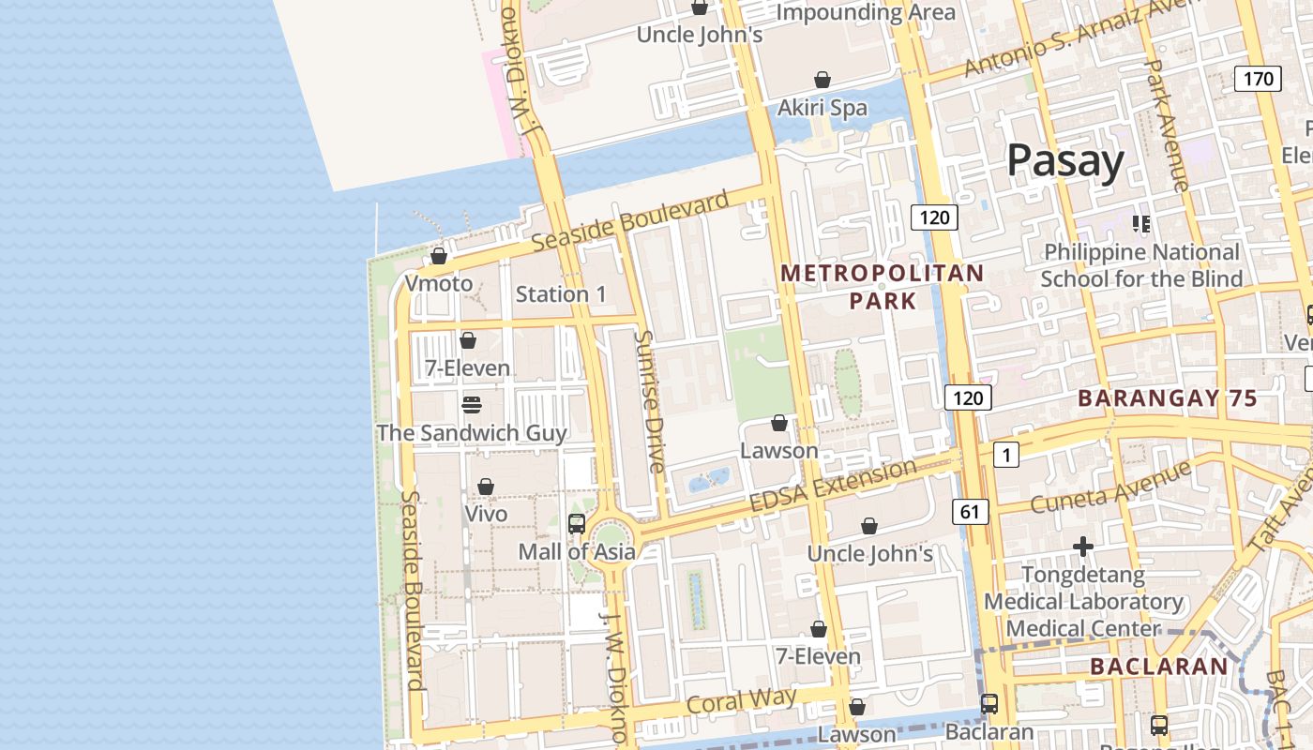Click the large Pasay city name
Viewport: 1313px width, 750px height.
point(1065,161)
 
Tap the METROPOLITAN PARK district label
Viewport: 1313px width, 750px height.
point(883,287)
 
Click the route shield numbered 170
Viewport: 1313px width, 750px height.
point(1258,79)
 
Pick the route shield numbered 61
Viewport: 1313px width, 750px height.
point(970,511)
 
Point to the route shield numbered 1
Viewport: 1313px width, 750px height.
point(1005,456)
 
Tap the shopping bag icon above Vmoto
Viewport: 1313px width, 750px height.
point(438,256)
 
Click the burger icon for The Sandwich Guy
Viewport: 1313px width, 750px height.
point(472,405)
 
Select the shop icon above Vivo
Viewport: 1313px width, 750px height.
point(486,487)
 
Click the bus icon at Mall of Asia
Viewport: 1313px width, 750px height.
point(577,524)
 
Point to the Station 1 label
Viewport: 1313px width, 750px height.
point(561,294)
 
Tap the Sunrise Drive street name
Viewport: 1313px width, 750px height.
point(649,401)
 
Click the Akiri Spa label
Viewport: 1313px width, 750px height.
point(823,108)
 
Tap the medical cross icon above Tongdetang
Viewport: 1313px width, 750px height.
point(1083,546)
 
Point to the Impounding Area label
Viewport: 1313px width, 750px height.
point(866,12)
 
